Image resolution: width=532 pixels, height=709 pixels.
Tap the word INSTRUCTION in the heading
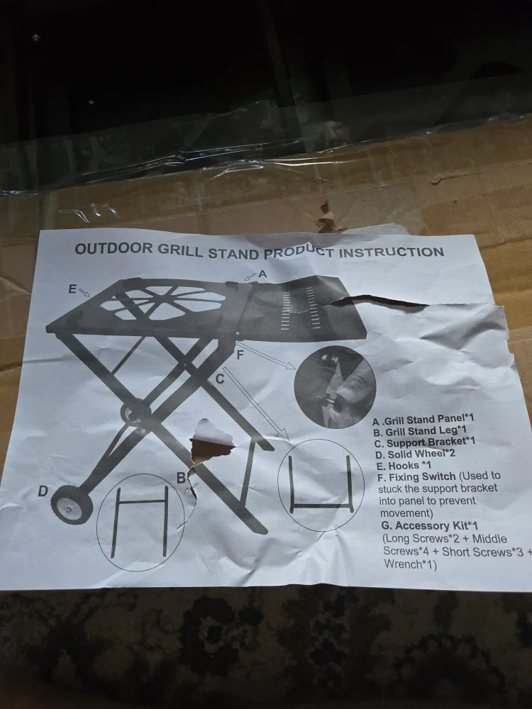393,252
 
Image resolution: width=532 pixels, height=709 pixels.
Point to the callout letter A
262,273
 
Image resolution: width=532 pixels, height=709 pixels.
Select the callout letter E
72,289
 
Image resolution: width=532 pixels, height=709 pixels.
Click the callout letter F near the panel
240,354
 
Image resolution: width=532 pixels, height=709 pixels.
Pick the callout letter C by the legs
220,379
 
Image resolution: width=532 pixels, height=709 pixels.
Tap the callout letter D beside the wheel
43,491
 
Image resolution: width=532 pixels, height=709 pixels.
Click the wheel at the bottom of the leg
72,503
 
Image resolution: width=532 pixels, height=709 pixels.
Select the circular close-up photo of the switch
334,386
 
